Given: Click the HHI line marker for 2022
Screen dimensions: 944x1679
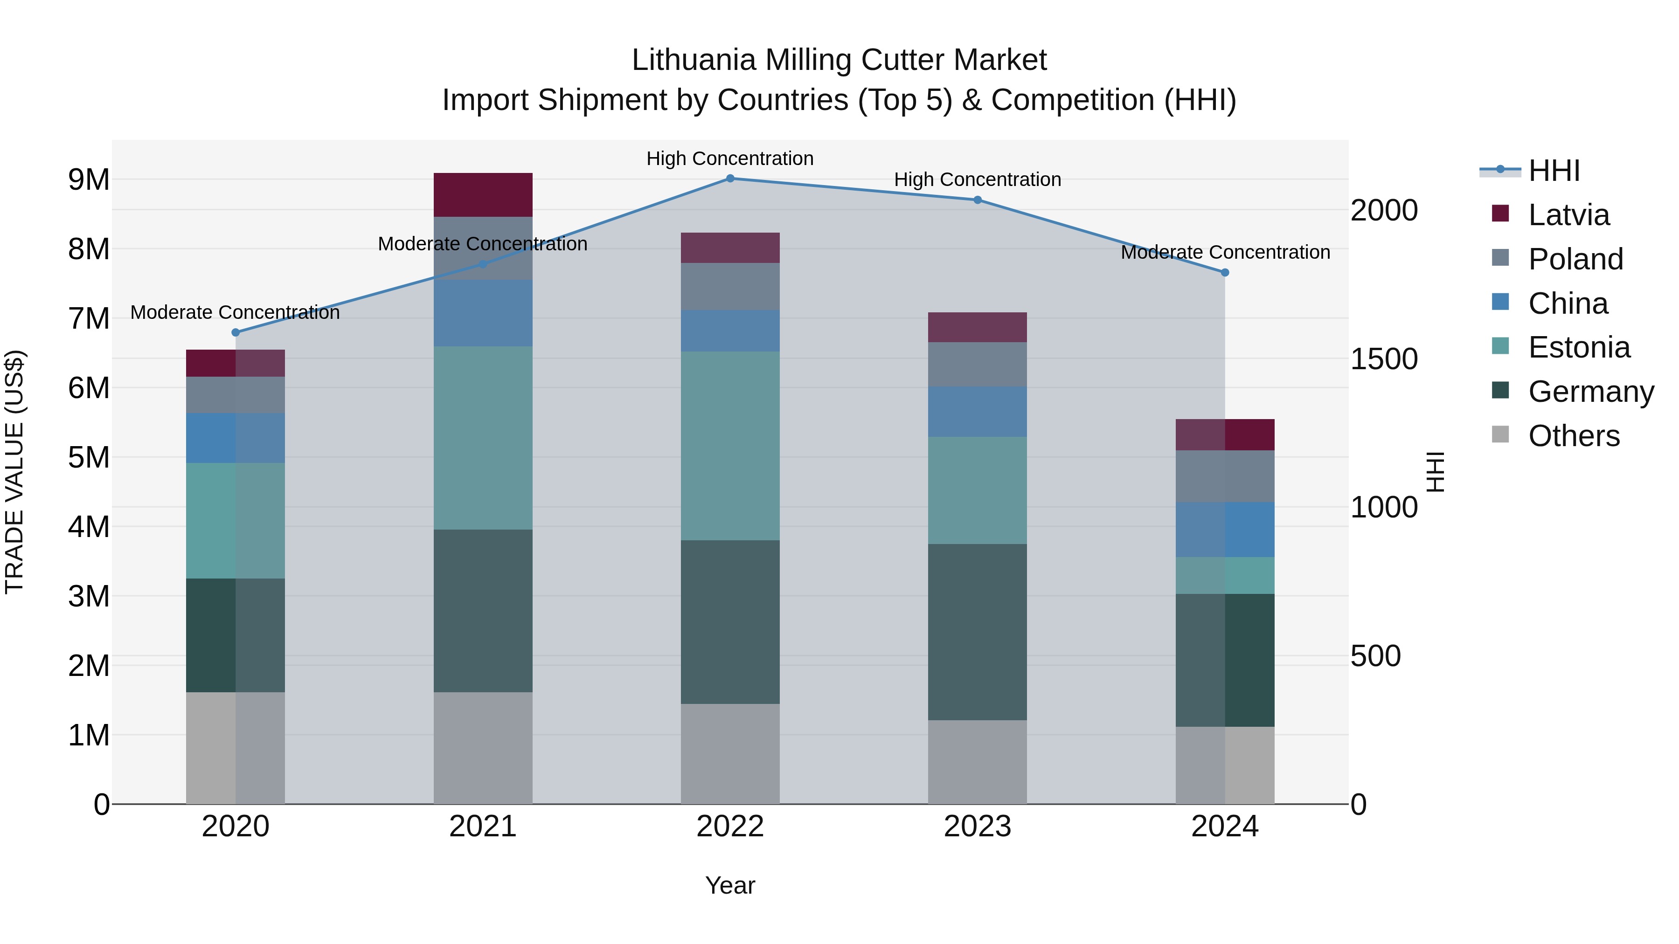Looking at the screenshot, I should (730, 179).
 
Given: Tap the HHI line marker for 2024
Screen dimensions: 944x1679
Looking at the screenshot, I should (1225, 272).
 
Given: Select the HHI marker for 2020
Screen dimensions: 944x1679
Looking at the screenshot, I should (236, 332).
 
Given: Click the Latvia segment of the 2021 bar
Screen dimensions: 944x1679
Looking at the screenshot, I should (483, 195).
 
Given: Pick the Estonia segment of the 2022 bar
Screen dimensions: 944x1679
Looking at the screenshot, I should (730, 446).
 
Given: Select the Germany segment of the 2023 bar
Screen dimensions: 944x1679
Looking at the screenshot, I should (977, 632).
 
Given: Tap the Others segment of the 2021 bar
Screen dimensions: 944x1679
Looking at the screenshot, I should (483, 748).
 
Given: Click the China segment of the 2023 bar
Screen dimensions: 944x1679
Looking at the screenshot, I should (977, 412).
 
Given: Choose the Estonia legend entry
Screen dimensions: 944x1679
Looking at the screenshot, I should (1579, 348).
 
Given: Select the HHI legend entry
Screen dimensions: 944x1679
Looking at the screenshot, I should (1554, 171).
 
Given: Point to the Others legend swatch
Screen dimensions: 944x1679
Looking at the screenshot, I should (1500, 434).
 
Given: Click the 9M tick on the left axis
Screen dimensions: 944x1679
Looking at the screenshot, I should (89, 179).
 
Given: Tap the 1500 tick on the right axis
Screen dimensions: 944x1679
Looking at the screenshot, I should (1384, 359).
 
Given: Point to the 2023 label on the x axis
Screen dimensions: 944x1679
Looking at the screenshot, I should (977, 827).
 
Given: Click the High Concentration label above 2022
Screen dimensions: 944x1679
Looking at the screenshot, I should (730, 158).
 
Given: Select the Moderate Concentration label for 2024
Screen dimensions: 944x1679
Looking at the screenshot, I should (1225, 252).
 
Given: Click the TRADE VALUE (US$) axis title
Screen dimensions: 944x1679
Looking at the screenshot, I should (14, 472).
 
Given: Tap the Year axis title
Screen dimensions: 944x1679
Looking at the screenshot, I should (730, 885).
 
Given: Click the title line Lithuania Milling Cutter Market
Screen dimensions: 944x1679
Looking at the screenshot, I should (839, 60).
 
